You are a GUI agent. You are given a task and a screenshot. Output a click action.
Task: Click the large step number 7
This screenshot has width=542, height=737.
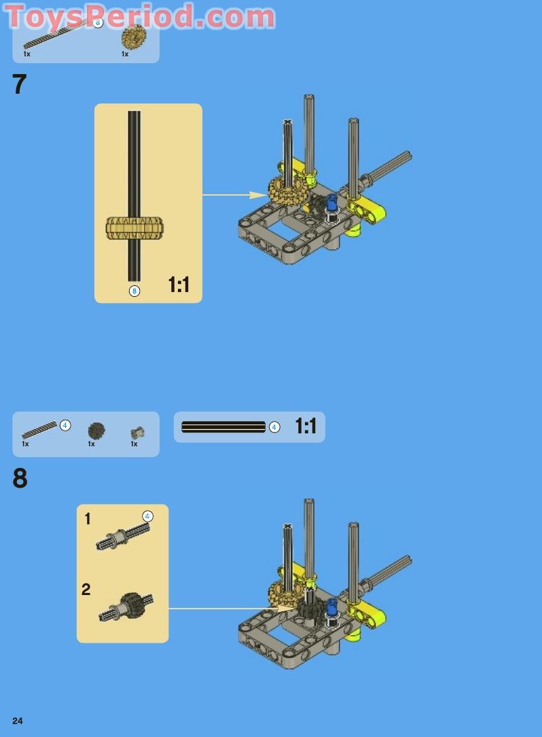19,85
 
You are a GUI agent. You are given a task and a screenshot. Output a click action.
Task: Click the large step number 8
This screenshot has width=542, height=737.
20,478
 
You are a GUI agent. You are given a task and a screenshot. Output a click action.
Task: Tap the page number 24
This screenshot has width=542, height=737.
18,721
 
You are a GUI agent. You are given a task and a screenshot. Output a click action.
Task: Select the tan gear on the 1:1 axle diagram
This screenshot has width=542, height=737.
134,228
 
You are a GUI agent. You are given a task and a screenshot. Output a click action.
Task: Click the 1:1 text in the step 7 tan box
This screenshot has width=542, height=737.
179,285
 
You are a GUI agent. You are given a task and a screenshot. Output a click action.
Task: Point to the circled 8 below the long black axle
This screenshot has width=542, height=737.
134,291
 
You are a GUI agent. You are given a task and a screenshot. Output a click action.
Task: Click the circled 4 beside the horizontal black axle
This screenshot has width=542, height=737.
274,427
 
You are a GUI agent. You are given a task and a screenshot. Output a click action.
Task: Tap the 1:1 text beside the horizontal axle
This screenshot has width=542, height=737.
306,427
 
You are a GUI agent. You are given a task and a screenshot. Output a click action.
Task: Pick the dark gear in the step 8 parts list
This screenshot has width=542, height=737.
96,431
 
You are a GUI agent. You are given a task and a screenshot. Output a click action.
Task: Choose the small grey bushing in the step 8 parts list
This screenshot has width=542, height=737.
137,433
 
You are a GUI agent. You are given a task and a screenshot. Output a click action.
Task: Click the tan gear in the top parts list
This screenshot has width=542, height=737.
134,37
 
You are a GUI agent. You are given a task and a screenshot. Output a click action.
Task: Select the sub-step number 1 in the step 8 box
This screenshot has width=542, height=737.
88,519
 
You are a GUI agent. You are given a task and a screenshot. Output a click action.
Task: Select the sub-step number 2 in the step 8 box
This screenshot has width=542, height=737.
86,590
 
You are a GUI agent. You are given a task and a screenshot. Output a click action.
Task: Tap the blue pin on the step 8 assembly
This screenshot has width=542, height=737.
332,607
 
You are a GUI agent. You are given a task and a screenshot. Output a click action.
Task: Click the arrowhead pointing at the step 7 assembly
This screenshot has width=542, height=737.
259,194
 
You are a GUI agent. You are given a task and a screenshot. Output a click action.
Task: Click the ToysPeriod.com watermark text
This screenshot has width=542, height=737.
140,16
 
